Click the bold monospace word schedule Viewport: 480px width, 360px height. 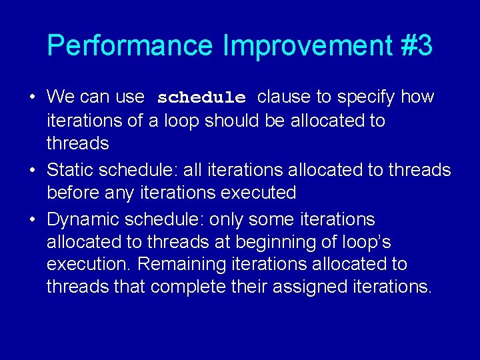(x=201, y=98)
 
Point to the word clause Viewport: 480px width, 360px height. (x=285, y=97)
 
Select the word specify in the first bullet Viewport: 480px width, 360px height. (x=366, y=97)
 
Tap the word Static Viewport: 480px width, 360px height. (x=70, y=170)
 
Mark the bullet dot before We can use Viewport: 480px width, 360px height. (x=32, y=98)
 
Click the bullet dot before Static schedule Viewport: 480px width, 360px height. (x=32, y=171)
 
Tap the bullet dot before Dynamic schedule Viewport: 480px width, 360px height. (x=32, y=220)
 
